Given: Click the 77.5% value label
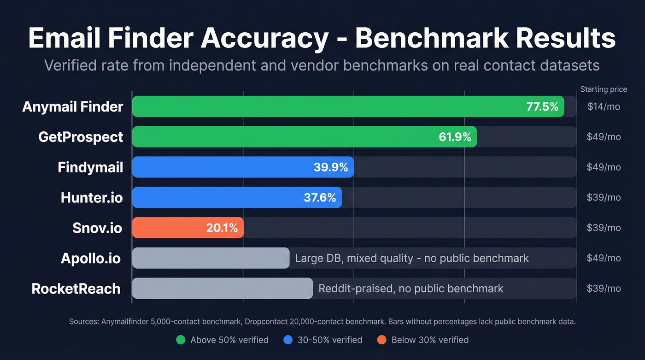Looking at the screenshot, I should [542, 107].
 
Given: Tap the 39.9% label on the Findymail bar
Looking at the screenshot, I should [330, 167].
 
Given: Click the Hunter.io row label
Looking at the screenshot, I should [92, 198].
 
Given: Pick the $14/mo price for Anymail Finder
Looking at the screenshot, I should [604, 107].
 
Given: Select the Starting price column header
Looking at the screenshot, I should [604, 89].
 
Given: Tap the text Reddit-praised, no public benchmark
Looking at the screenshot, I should [411, 289].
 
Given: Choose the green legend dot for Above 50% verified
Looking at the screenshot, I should [181, 340].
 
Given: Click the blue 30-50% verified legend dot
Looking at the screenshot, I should [288, 340].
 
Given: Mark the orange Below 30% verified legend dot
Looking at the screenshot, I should [381, 340].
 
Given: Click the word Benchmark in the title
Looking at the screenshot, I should [430, 38].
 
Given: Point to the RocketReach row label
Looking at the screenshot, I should [76, 289].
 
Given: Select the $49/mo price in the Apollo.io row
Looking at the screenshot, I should [604, 258].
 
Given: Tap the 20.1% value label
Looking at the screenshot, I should [222, 228].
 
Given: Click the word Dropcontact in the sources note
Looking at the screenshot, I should [265, 322].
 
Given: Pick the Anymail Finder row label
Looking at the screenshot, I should [73, 107].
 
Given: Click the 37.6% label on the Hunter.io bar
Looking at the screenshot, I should [320, 198].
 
